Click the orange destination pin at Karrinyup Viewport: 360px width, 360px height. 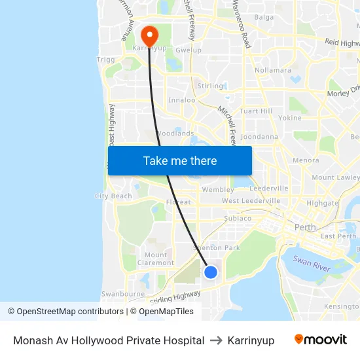tap(149, 35)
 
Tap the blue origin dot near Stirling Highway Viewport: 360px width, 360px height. tap(210, 272)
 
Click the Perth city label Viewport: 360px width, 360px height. tap(305, 227)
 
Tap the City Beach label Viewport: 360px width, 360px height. tap(113, 196)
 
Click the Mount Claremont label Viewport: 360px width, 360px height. tap(156, 259)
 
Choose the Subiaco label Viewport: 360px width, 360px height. tap(238, 218)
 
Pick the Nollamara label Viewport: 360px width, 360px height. tap(273, 70)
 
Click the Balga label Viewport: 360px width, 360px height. tap(264, 17)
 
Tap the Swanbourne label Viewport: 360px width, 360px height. tap(122, 295)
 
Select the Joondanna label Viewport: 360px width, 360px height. tap(259, 137)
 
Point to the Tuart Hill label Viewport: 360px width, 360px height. tap(256, 111)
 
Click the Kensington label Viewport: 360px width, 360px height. tap(342, 306)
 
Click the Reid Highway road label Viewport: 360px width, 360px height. tap(342, 43)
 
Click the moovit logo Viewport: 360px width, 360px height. tap(320, 340)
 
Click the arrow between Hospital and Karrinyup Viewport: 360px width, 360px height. tap(215, 340)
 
